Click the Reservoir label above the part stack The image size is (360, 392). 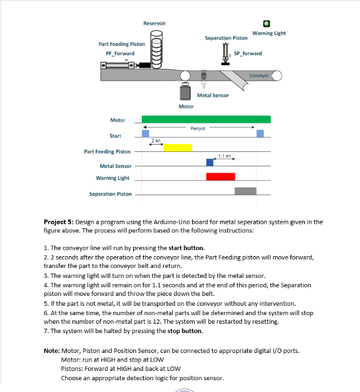tap(154, 23)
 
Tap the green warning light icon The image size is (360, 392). tap(268, 24)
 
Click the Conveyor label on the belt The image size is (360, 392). tap(259, 76)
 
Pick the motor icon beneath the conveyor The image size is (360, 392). tap(185, 93)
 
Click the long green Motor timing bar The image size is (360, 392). tap(206, 119)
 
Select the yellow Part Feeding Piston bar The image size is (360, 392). tap(177, 148)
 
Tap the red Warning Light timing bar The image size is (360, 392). tap(220, 177)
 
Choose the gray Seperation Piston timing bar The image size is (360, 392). tap(245, 191)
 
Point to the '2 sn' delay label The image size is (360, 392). tap(156, 141)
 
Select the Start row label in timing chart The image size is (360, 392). tap(115, 135)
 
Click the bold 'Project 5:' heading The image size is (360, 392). tap(58, 221)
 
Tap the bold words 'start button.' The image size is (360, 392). tap(187, 247)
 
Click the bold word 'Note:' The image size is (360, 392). tap(51, 351)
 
